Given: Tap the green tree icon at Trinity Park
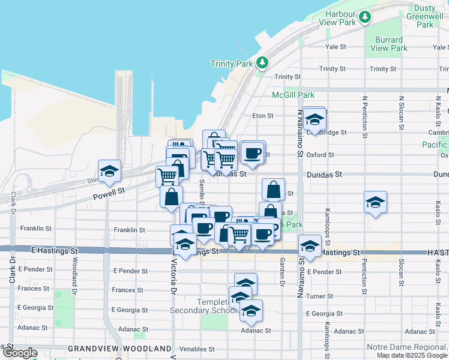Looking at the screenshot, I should point(262,62).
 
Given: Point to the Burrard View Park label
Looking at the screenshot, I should point(390,44).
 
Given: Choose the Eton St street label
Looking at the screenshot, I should point(262,115).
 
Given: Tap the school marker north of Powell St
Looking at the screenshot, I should point(109,170).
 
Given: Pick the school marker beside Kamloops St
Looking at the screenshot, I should point(375,202).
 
